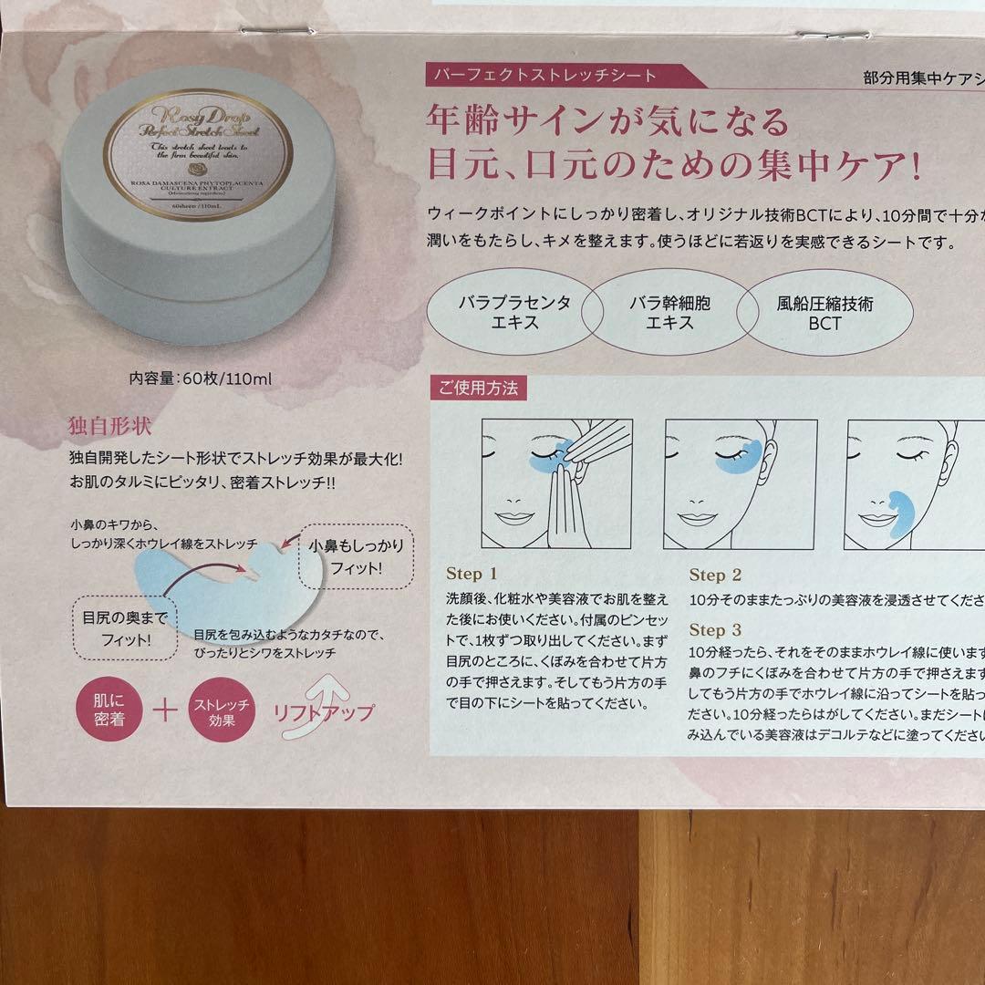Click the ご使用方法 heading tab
tap(477, 389)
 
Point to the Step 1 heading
tap(471, 574)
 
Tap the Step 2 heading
tap(715, 575)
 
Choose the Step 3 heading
tap(715, 630)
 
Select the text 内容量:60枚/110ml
tap(201, 378)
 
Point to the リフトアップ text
tap(324, 712)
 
